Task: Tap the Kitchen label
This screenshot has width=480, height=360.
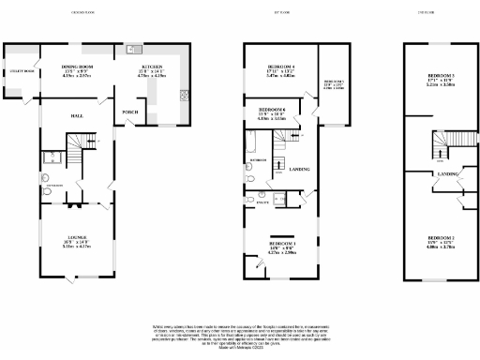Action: tap(152, 67)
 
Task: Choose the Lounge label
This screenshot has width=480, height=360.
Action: tap(77, 237)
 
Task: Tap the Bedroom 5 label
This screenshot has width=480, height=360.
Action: tap(334, 82)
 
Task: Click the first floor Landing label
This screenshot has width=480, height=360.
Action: tap(300, 169)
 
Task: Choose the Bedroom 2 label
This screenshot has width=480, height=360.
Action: tap(441, 238)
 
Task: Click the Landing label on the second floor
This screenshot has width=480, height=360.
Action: tap(449, 174)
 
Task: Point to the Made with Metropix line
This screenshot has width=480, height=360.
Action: tap(239, 349)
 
